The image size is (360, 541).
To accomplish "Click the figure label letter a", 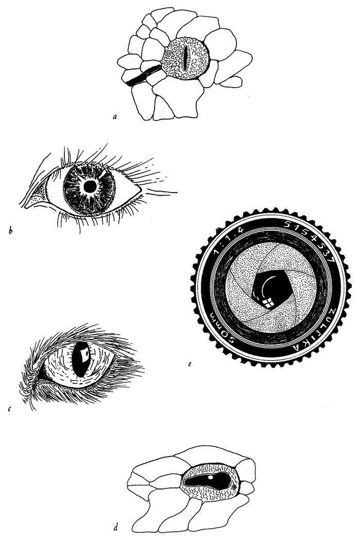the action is coord(115,117).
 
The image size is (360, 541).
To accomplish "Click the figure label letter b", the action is coord(10,230).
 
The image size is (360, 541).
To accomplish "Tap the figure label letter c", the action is coord(9,409).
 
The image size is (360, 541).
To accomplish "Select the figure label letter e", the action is coord(190,364).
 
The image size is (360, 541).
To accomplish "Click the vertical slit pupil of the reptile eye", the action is coord(185,58).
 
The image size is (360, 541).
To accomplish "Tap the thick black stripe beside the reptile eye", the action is coord(143,75).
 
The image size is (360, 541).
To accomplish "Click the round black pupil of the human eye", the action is coord(90,187).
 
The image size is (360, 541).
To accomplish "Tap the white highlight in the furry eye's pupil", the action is coord(83,353).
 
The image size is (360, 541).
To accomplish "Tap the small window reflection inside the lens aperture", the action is coord(268,302).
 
